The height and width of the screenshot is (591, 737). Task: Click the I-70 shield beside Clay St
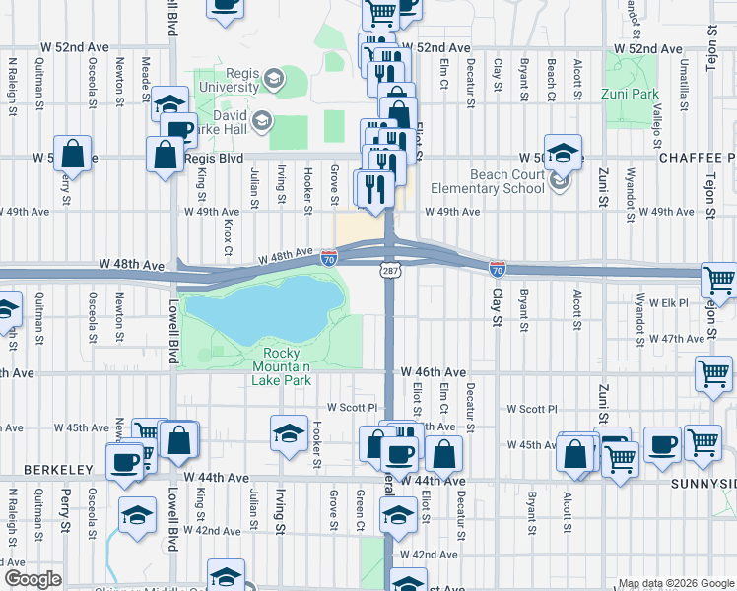pyautogui.click(x=498, y=268)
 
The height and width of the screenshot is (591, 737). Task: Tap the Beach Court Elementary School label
pyautogui.click(x=493, y=181)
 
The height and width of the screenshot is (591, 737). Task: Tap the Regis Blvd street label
pyautogui.click(x=217, y=157)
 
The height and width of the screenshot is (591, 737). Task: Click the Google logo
pyautogui.click(x=32, y=579)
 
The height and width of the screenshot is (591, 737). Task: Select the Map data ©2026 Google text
pyautogui.click(x=675, y=583)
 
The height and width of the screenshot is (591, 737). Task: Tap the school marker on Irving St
pyautogui.click(x=288, y=433)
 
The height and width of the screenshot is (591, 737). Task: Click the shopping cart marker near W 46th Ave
pyautogui.click(x=712, y=374)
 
